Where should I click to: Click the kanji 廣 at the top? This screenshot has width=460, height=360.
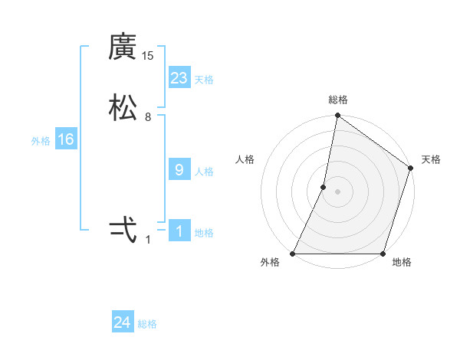123,48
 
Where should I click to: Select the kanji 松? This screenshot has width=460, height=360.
123,108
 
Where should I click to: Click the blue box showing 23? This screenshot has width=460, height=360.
179,78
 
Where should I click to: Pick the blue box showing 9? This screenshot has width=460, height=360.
179,170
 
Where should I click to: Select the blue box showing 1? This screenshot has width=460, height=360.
179,231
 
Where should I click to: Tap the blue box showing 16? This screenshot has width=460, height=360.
65,139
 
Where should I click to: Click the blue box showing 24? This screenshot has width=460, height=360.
123,323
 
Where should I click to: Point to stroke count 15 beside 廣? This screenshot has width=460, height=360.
148,56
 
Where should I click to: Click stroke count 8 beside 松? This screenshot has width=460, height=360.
148,117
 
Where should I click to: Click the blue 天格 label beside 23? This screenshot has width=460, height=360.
204,80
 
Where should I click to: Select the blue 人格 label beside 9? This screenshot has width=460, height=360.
204,172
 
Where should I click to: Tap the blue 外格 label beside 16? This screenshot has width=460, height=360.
41,141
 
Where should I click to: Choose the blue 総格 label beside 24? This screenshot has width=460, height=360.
147,325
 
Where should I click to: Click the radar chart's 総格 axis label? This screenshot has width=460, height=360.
338,100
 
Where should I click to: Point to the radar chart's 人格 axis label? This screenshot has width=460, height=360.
245,159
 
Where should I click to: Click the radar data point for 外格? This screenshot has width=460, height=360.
293,254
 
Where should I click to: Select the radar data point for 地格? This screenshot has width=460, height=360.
383,254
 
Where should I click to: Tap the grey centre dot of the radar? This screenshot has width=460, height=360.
337,191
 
